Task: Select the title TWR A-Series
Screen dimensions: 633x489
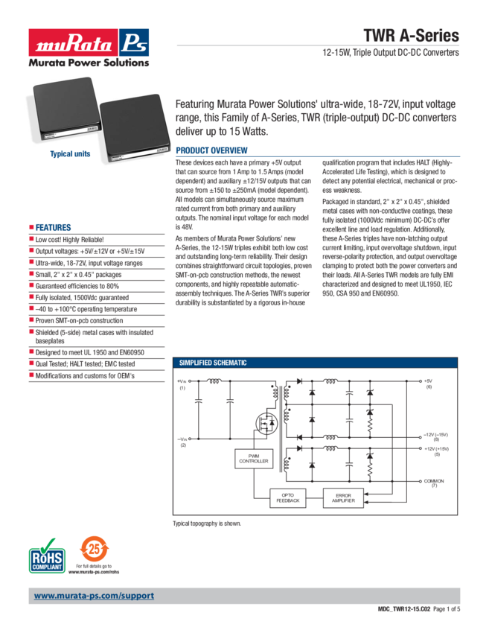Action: [411, 36]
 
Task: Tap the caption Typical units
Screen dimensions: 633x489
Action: [70, 154]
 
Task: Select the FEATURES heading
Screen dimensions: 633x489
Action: [54, 227]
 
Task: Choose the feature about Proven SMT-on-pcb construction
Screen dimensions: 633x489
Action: [83, 319]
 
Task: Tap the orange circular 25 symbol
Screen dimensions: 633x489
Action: [90, 547]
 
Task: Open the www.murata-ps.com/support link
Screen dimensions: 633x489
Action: [94, 596]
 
